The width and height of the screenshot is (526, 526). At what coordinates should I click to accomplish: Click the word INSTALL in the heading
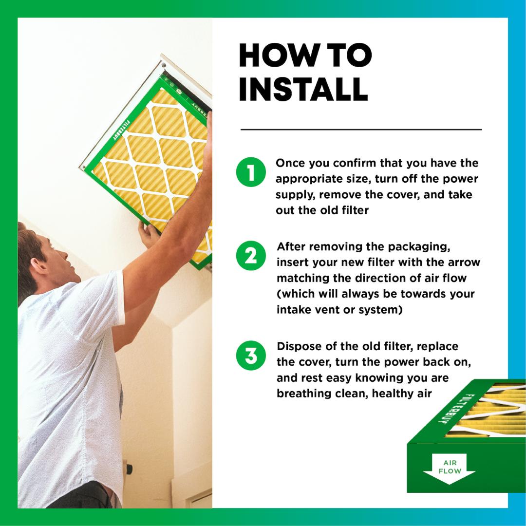point(303,89)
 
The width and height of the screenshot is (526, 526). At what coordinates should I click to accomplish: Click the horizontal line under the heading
point(361,130)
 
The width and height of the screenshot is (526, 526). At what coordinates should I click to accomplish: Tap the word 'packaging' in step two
point(413,246)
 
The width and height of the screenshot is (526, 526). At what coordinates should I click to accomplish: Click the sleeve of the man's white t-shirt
point(105,297)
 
